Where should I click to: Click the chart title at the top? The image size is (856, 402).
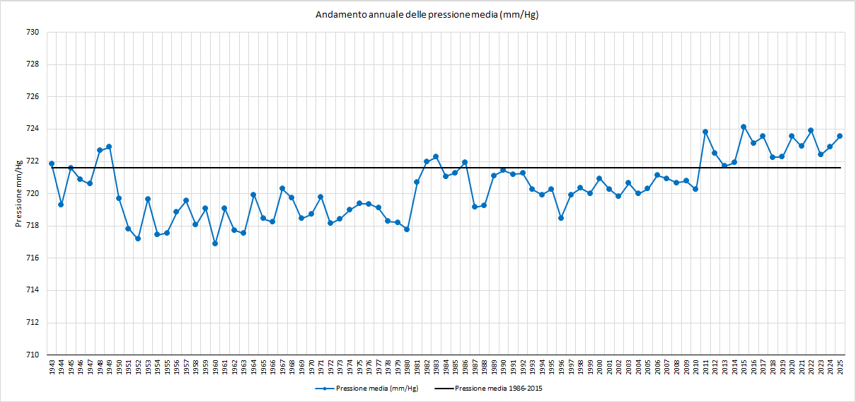[427, 15]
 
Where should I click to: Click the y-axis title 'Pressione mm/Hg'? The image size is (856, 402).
[18, 193]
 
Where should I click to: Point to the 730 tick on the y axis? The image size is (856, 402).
[33, 32]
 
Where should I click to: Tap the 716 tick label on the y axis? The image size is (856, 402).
[33, 258]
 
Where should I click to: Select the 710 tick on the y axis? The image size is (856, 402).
[33, 355]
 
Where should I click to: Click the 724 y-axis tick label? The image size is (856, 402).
[33, 129]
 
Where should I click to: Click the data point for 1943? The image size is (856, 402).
[52, 163]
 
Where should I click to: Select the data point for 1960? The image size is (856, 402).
[215, 243]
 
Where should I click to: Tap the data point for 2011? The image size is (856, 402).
[705, 132]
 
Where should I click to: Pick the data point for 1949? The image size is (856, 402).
[109, 147]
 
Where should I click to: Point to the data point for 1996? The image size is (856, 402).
[561, 218]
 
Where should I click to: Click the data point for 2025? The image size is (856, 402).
[840, 136]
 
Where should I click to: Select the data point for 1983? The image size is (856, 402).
[436, 156]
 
